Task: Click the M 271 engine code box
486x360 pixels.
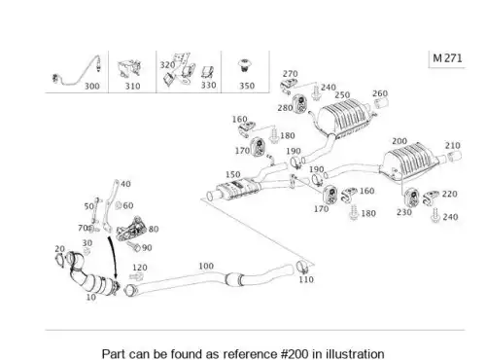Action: point(447,58)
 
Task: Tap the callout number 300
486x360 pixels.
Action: point(92,86)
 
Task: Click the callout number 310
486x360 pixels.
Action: point(132,86)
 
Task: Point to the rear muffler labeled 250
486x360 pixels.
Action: point(345,120)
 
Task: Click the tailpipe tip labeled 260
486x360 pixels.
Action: point(381,104)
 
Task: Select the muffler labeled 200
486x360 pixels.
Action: point(410,162)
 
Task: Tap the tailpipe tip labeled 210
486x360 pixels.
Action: point(454,156)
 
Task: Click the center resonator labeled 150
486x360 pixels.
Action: point(238,189)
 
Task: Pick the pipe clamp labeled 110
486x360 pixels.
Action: point(302,267)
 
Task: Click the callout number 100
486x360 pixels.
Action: point(206,266)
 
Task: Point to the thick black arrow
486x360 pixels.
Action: point(112,259)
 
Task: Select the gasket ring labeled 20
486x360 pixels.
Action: point(60,261)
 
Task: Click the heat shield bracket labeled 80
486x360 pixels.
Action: point(131,229)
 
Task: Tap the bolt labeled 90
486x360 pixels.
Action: point(134,246)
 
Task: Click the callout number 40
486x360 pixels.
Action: point(125,184)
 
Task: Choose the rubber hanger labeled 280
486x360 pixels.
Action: point(300,103)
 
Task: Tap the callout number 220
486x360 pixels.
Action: point(449,194)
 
